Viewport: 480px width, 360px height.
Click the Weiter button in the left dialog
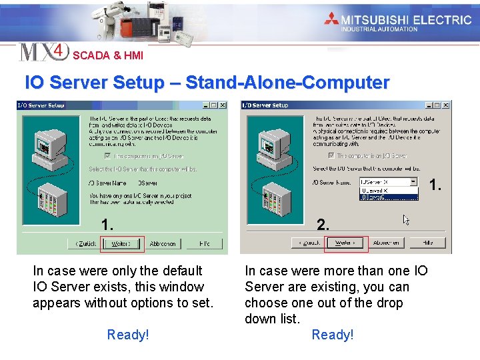(x=121, y=244)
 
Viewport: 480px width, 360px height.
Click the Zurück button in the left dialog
(x=85, y=244)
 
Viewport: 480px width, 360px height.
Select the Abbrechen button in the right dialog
(x=386, y=243)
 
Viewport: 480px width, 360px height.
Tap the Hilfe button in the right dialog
(x=427, y=243)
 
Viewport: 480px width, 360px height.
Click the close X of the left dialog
(x=222, y=105)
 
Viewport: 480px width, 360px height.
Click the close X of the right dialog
(x=446, y=105)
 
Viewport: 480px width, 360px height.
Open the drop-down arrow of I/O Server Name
(x=413, y=182)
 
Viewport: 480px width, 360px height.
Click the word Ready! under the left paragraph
(x=128, y=335)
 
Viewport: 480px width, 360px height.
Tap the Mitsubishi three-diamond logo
(x=331, y=19)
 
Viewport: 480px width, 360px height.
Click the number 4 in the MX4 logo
(x=59, y=51)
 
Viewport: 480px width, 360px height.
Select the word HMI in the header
(x=132, y=56)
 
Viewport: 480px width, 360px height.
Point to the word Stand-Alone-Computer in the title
(x=287, y=83)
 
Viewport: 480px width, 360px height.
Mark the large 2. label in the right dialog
(x=323, y=225)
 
